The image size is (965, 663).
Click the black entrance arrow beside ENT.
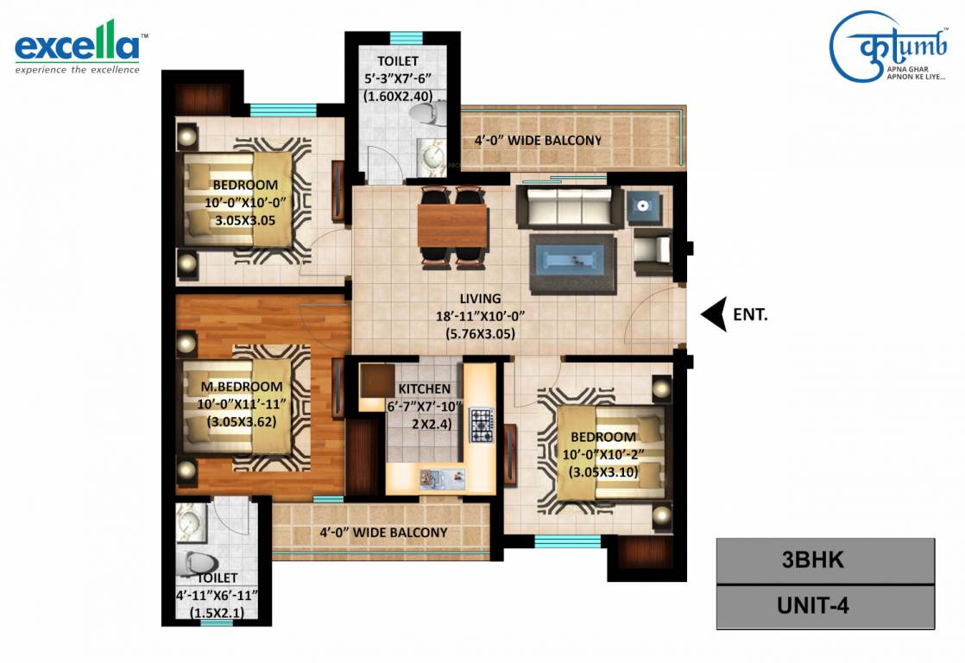712,315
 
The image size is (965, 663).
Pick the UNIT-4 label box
825,605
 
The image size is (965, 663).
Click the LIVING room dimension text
481,316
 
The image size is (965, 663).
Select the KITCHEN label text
423,389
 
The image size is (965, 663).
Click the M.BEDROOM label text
242,387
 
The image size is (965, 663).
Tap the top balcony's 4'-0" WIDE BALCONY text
537,140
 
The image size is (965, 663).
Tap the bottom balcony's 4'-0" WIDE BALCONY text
382,532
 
